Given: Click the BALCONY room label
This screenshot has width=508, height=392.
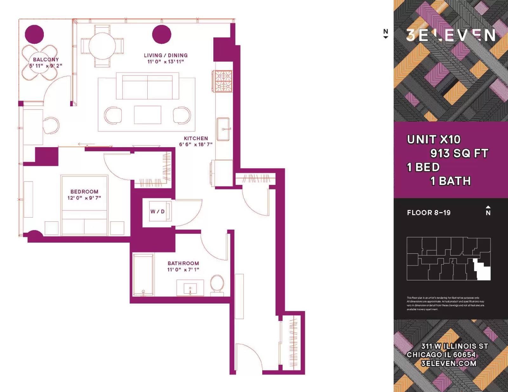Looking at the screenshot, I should click(x=46, y=59).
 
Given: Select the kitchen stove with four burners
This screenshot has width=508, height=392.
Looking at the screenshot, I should click(x=223, y=81).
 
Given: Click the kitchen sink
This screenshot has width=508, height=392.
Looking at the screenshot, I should click(x=223, y=129).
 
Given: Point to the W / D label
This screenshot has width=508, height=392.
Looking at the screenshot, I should click(x=157, y=212).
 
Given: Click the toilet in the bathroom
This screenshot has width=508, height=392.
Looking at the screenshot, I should click(x=217, y=283).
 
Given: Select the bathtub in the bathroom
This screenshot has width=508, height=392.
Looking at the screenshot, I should click(x=144, y=274).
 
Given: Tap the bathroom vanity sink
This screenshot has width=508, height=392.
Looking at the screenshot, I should click(x=190, y=288).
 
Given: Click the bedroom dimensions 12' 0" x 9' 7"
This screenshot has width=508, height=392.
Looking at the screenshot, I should click(x=84, y=198).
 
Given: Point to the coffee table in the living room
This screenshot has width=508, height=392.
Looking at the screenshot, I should click(x=148, y=115).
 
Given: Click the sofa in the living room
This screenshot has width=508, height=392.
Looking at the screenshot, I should click(x=147, y=86).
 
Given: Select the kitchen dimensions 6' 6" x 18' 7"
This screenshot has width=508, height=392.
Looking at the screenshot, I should click(x=196, y=145).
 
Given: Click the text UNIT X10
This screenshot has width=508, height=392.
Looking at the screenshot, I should click(x=433, y=140).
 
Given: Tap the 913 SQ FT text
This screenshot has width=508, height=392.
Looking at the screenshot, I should click(x=459, y=154).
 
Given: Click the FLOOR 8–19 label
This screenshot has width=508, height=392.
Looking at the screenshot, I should click(x=429, y=213).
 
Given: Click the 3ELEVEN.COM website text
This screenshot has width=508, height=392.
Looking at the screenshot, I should click(x=448, y=363).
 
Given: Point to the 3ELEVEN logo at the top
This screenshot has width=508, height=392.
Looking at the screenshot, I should click(x=451, y=35).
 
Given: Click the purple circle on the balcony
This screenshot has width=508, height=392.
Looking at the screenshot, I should click(x=34, y=34).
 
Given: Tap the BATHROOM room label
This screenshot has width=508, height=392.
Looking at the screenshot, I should click(x=183, y=264).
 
